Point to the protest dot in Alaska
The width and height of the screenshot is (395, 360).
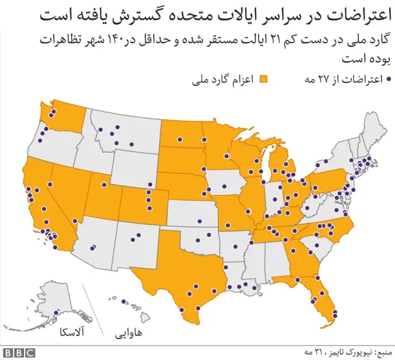pos(57,313)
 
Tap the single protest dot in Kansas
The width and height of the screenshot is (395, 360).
pos(199,220)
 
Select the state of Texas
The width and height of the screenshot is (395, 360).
pos(185,271)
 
